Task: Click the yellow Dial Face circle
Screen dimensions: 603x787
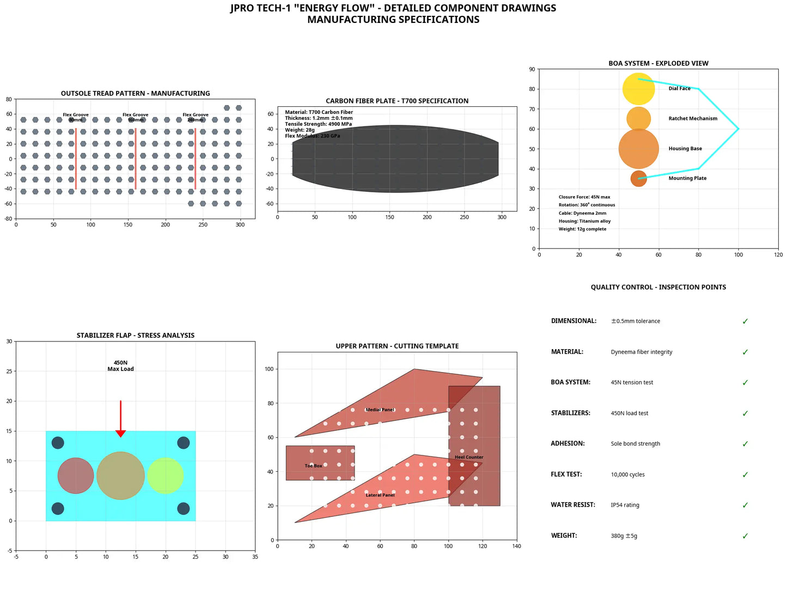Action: [638, 89]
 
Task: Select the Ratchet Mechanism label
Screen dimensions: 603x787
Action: [693, 119]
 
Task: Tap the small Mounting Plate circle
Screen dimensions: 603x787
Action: [638, 179]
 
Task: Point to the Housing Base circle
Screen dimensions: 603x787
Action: [638, 149]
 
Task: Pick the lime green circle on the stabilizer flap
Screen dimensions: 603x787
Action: [165, 476]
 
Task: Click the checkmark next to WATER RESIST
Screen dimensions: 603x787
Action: [745, 505]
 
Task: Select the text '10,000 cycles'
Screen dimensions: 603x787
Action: [627, 474]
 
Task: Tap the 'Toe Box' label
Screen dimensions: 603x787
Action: [313, 466]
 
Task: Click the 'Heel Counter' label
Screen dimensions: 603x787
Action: [469, 457]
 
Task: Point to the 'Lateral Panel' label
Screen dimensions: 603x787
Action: [380, 495]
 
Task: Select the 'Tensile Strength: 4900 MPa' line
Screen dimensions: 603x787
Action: [318, 124]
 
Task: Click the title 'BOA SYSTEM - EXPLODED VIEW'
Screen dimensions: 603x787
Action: [658, 63]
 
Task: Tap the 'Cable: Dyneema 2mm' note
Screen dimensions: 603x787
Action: [582, 214]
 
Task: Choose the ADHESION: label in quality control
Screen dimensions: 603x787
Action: [568, 444]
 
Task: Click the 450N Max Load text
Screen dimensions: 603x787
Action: [120, 366]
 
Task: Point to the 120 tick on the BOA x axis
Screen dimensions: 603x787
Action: [778, 255]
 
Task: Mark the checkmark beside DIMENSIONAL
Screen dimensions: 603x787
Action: [745, 321]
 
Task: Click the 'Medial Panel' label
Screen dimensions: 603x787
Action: [380, 410]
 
